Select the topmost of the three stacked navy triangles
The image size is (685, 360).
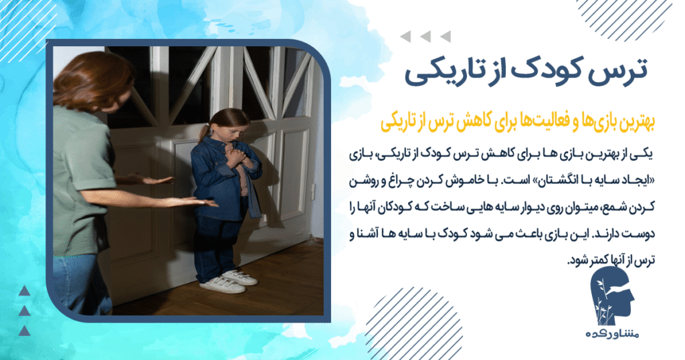pyautogui.click(x=24, y=290)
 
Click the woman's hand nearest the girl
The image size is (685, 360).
pyautogui.click(x=201, y=202)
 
